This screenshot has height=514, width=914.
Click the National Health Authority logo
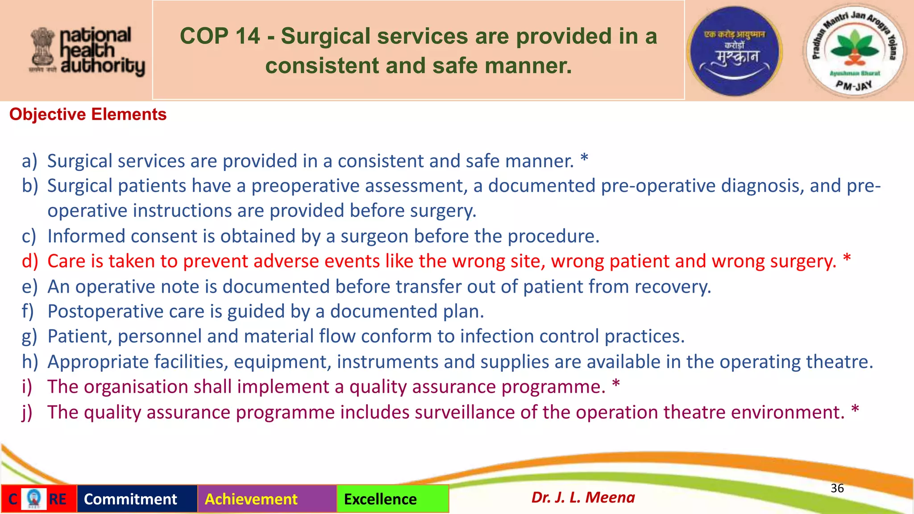click(x=87, y=51)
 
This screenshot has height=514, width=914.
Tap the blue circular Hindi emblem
click(x=735, y=51)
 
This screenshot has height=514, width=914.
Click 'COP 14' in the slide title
click(x=220, y=36)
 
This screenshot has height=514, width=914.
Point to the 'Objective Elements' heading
click(x=88, y=115)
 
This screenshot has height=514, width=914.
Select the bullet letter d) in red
click(x=30, y=261)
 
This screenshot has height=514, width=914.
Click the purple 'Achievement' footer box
click(x=267, y=499)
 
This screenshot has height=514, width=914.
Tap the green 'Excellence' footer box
click(x=392, y=499)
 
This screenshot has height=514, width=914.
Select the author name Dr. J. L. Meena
click(x=583, y=497)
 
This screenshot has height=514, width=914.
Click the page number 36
click(x=837, y=489)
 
